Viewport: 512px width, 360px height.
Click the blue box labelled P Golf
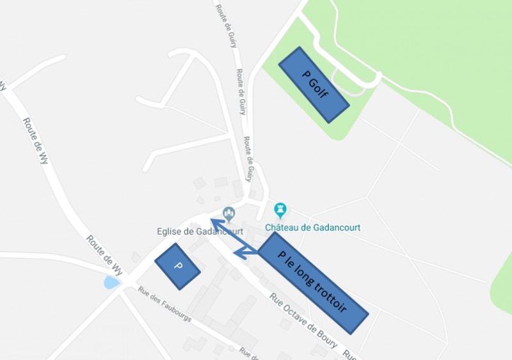tap(314, 84)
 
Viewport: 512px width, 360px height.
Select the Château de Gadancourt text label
tap(313, 227)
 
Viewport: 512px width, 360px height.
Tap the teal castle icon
tap(280, 209)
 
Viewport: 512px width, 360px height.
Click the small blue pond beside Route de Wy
tap(111, 282)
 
